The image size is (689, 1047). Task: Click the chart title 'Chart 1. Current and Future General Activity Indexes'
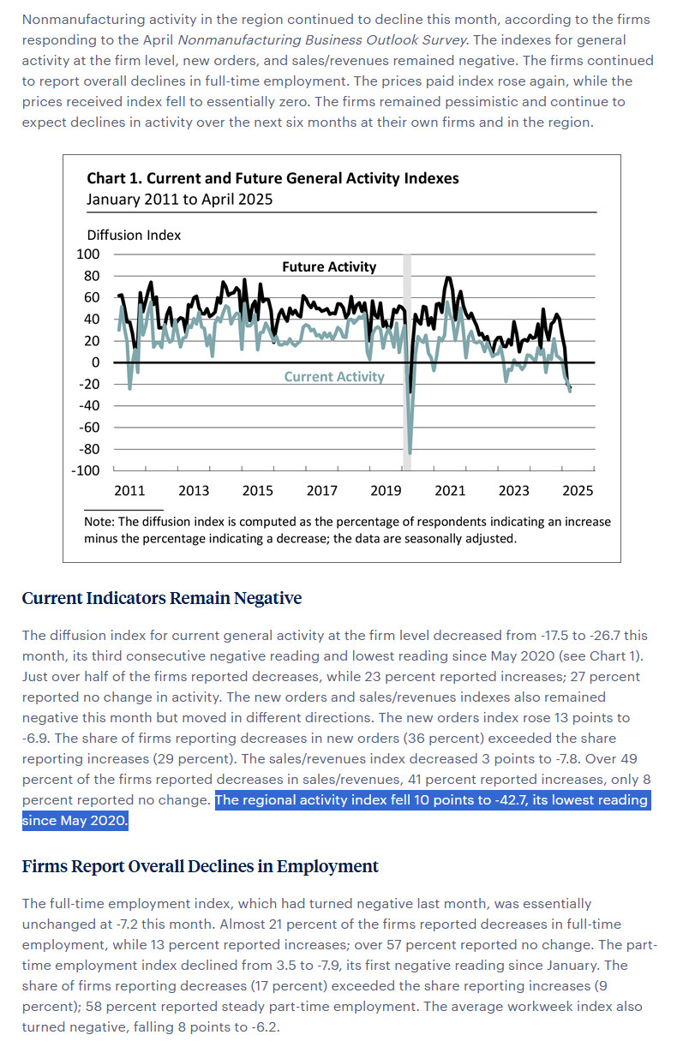point(273,178)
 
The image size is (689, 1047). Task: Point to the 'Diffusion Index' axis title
point(134,235)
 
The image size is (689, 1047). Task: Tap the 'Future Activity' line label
point(329,266)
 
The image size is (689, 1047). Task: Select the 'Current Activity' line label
point(334,376)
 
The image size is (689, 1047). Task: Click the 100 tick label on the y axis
point(88,254)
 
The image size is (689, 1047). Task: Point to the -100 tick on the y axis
point(85,470)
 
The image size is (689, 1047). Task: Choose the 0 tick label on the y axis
point(95,362)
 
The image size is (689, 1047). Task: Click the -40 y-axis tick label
point(89,405)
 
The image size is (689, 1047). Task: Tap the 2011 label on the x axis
point(129,490)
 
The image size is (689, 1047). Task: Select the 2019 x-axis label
point(386,490)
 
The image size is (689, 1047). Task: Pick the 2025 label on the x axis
point(578,490)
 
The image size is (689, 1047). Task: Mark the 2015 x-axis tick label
point(258,490)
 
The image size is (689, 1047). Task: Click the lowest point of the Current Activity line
point(410,453)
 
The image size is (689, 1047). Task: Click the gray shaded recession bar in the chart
point(407,362)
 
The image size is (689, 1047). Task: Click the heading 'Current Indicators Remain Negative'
point(162,598)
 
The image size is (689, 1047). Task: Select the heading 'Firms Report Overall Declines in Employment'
point(200,866)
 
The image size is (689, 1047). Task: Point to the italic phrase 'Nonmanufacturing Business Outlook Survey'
point(322,39)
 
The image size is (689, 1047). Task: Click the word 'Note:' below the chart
point(99,522)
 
